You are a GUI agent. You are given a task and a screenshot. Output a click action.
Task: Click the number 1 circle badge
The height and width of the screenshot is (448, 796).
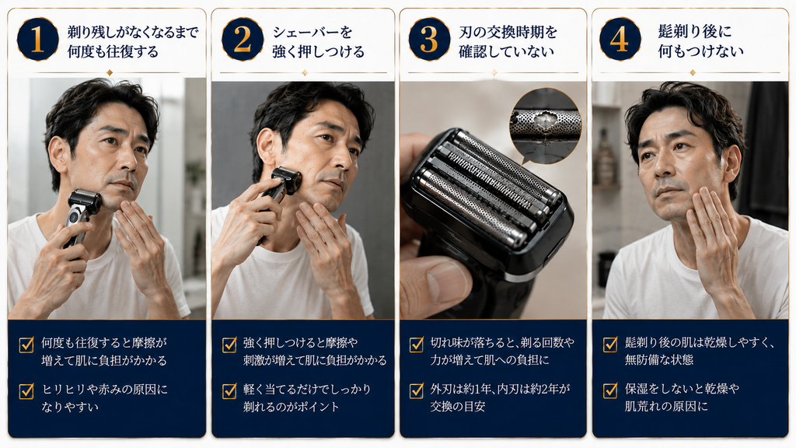coord(37,40)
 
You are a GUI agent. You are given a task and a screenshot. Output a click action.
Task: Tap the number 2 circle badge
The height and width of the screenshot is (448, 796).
coord(243,40)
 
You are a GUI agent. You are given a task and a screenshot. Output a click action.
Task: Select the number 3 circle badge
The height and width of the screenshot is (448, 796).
coord(429,40)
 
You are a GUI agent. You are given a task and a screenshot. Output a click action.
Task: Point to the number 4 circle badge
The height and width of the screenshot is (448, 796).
coord(620,40)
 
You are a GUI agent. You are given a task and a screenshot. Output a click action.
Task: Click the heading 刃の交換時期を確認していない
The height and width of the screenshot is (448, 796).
coord(508,42)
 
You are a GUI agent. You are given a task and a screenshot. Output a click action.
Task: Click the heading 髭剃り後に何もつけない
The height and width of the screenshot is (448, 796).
coord(700,41)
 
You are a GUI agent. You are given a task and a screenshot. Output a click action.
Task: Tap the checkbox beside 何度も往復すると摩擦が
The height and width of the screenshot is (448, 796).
coord(26,345)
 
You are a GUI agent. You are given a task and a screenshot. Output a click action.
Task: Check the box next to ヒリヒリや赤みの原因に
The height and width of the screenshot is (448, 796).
coord(26,391)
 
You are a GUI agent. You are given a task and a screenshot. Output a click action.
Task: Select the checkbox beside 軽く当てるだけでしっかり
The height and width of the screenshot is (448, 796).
coord(229,391)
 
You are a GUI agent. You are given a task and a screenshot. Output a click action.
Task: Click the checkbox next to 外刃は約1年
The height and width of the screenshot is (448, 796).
coord(417,390)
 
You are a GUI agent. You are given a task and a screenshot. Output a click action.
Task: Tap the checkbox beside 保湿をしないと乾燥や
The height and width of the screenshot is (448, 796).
coord(610,390)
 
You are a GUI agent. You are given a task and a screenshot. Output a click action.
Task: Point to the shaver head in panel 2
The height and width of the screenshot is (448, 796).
coord(288,181)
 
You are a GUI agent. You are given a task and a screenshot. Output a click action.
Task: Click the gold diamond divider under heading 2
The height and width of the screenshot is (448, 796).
coord(304,73)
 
